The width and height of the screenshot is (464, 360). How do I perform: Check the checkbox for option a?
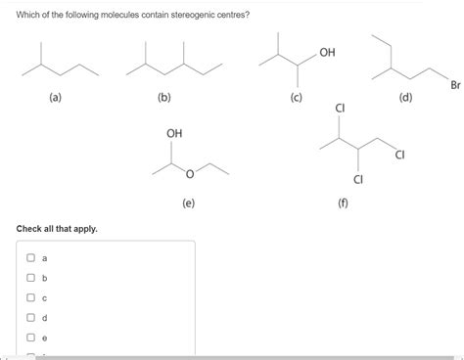tap(31, 258)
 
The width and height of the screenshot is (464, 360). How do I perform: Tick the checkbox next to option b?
tap(31, 278)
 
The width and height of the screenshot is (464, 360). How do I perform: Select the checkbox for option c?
tap(31, 297)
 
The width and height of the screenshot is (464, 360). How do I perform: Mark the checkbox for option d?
tap(31, 317)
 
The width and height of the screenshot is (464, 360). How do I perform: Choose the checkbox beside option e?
tap(31, 337)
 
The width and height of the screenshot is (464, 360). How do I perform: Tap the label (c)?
tap(296, 98)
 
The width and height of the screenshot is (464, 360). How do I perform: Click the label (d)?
tap(405, 98)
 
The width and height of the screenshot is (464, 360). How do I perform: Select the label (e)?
tap(188, 202)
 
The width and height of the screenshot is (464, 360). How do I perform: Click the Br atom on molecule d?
tap(455, 85)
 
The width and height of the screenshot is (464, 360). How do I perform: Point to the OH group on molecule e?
tap(174, 132)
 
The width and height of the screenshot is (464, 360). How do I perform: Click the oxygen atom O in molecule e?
tap(190, 176)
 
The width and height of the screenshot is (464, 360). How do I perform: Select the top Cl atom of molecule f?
tap(340, 108)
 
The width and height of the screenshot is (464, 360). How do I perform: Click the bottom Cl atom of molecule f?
tap(358, 178)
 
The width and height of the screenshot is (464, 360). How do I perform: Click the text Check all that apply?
tap(57, 229)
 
